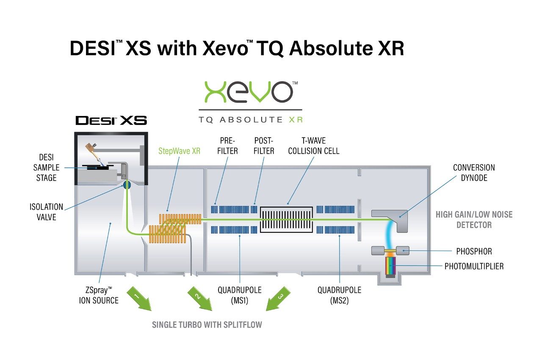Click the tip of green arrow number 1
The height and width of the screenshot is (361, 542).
(x=151, y=311)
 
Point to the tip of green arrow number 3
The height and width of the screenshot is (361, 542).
(x=266, y=311)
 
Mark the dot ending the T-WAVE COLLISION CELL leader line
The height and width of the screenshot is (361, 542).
(x=288, y=204)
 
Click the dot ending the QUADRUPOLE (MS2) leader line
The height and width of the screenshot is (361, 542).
(x=340, y=236)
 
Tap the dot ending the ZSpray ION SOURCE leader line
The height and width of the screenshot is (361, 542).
(x=111, y=223)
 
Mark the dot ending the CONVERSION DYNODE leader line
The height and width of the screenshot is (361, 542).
(x=400, y=217)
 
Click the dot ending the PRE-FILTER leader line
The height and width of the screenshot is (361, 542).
(x=215, y=204)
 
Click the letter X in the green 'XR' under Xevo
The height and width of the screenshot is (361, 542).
(x=292, y=119)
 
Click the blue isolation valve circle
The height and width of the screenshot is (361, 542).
(x=127, y=185)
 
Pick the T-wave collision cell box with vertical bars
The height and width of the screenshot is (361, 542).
(x=287, y=220)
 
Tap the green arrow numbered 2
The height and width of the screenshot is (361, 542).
(x=200, y=299)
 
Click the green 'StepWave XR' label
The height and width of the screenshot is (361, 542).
(x=179, y=151)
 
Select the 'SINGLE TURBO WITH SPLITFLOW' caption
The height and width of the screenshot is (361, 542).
(x=207, y=325)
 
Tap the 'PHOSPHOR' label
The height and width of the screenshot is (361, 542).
(x=474, y=251)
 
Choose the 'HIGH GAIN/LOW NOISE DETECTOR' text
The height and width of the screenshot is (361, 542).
(x=474, y=220)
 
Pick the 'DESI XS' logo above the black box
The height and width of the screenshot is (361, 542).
(x=111, y=121)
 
